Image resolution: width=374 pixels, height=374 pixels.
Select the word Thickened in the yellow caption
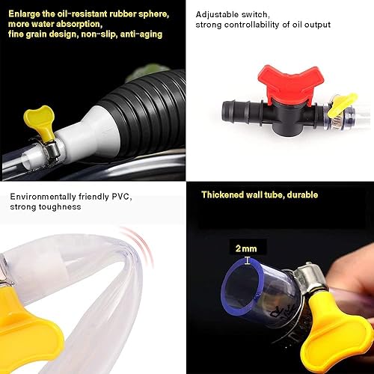pos(225,195)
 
